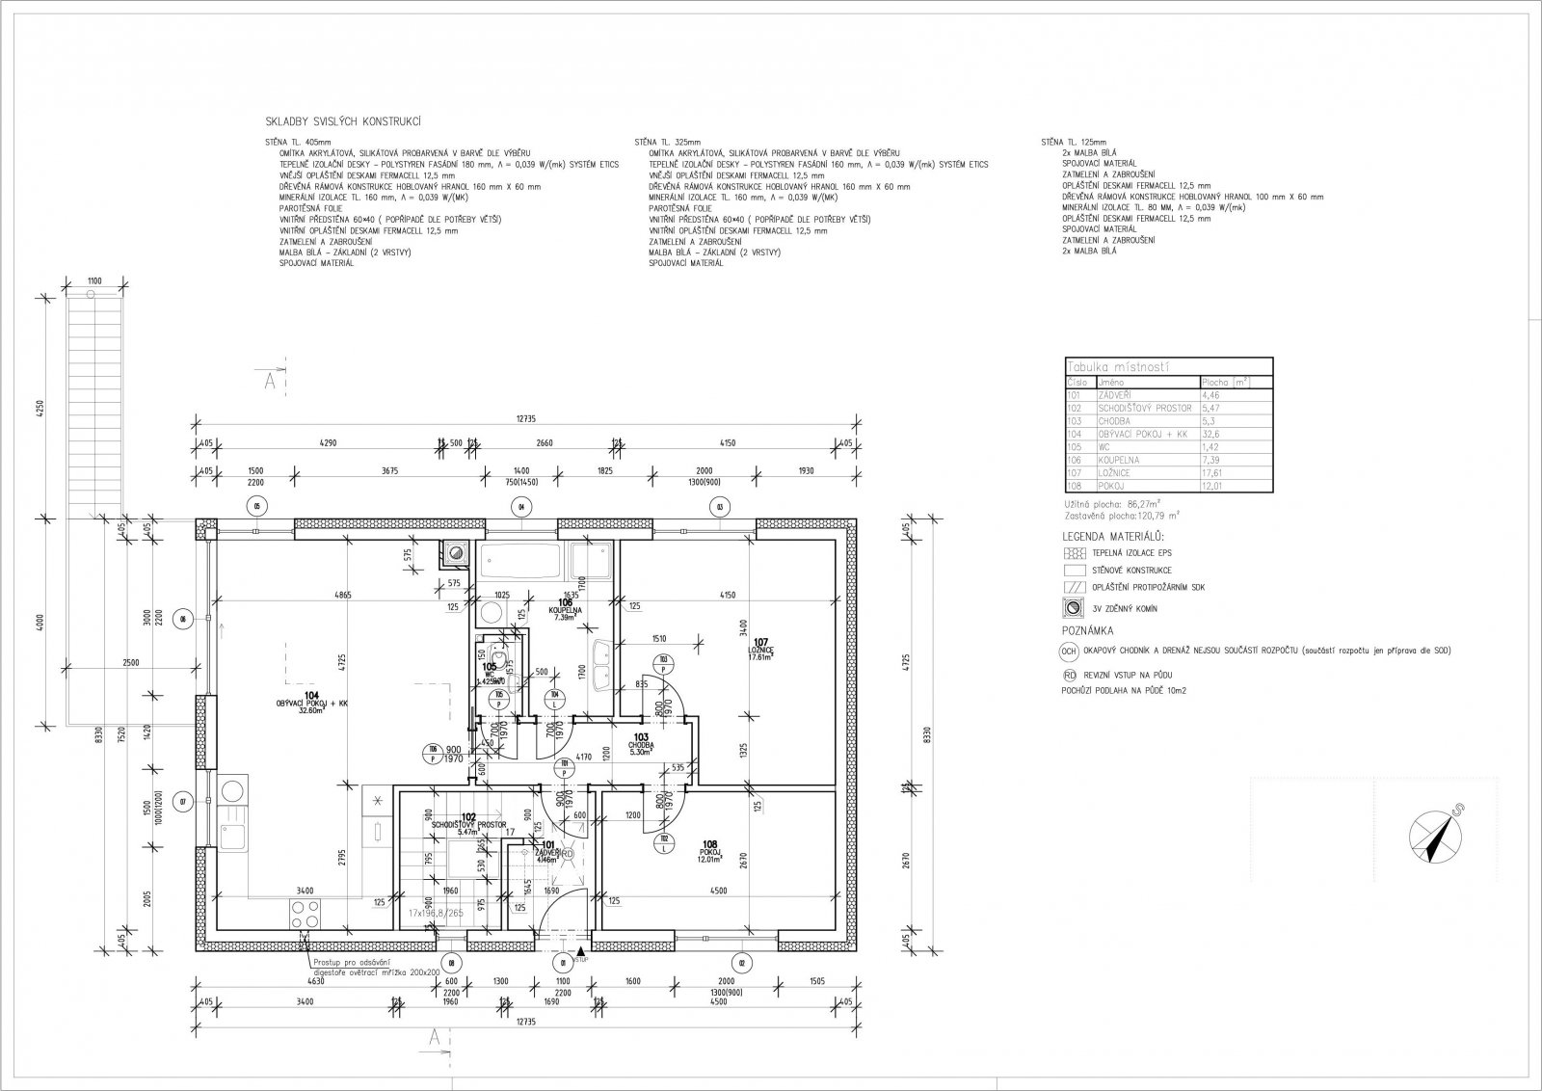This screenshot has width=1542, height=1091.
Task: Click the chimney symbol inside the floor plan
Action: coord(454,553)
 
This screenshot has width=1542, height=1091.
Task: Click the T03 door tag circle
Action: coord(664,661)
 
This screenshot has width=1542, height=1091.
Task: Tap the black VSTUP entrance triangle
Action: coord(579,950)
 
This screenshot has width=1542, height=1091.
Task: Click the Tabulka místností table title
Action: coord(1119,367)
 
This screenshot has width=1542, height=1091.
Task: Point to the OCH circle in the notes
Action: coord(1069,651)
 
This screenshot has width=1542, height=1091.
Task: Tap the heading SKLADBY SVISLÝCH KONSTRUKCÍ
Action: coord(344,122)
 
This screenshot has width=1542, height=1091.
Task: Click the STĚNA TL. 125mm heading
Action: coord(1074,142)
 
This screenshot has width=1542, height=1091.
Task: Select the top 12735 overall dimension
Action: coord(526,418)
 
